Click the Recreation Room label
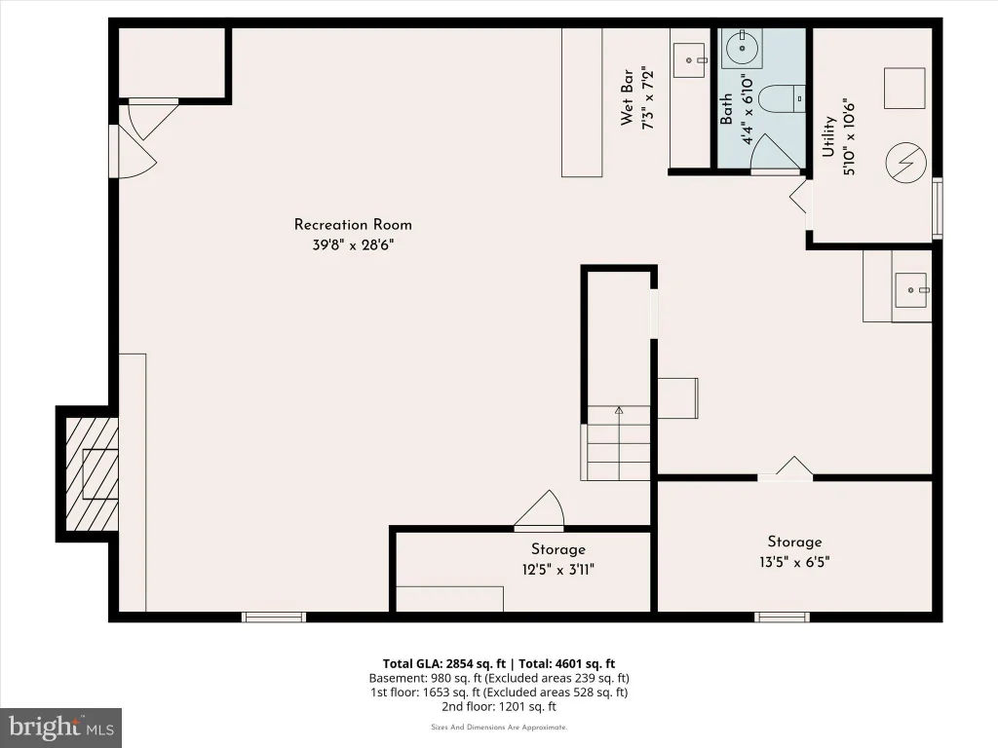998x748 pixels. click(x=353, y=225)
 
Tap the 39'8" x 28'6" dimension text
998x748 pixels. click(x=353, y=244)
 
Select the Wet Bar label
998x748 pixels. click(x=627, y=97)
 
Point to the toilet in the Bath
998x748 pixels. click(x=783, y=98)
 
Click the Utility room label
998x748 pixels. click(x=828, y=136)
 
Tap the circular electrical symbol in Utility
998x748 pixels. click(x=905, y=163)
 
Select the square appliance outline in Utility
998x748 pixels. click(x=904, y=89)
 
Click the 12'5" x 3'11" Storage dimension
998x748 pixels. click(x=558, y=569)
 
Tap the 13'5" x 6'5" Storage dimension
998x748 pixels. click(x=794, y=562)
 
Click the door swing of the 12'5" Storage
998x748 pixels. click(x=539, y=508)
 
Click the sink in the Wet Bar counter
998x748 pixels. click(x=689, y=59)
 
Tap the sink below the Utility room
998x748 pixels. click(x=911, y=290)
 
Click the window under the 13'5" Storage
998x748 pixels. click(x=782, y=617)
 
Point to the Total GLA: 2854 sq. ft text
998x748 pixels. click(x=444, y=664)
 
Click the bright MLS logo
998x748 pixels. click(x=61, y=728)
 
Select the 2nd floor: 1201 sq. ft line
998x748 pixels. click(x=499, y=706)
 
